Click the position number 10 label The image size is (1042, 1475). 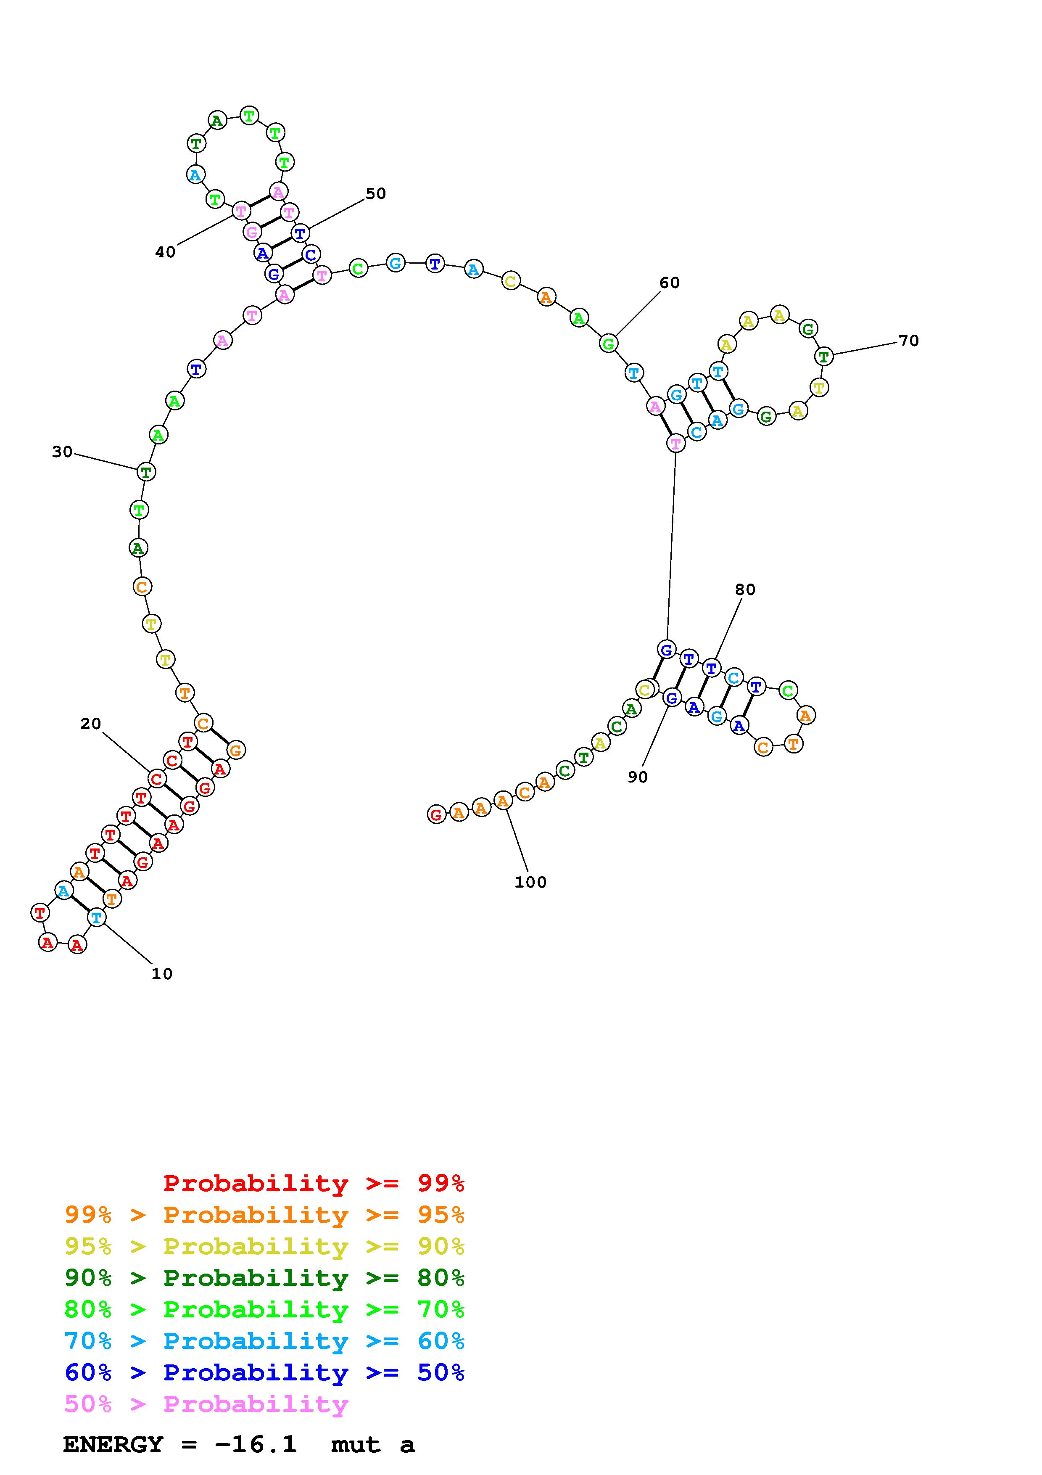[x=162, y=974]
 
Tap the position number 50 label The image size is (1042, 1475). [x=376, y=193]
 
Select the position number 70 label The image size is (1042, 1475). [x=908, y=341]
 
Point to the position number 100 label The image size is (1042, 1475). [x=530, y=882]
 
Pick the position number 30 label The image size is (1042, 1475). [x=62, y=452]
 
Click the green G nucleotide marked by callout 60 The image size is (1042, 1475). [x=608, y=344]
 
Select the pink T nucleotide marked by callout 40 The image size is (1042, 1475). [x=241, y=210]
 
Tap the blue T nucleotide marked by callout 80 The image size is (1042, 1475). [x=711, y=668]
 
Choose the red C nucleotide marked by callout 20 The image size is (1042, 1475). [x=157, y=779]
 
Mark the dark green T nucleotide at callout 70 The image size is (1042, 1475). [x=824, y=355]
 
